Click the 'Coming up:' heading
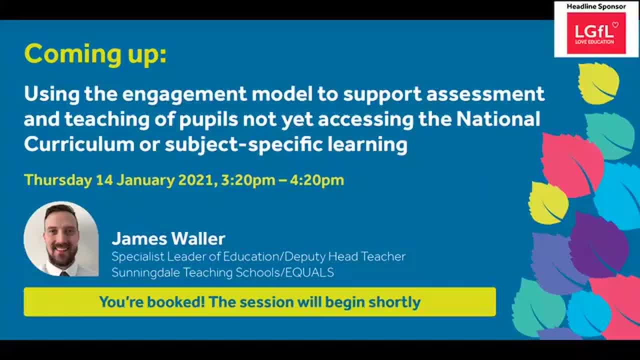(x=95, y=54)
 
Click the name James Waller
(x=168, y=238)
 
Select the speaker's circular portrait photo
(x=61, y=239)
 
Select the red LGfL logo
(x=596, y=33)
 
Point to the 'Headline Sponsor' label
(x=596, y=6)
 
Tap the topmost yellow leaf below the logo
(x=598, y=83)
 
